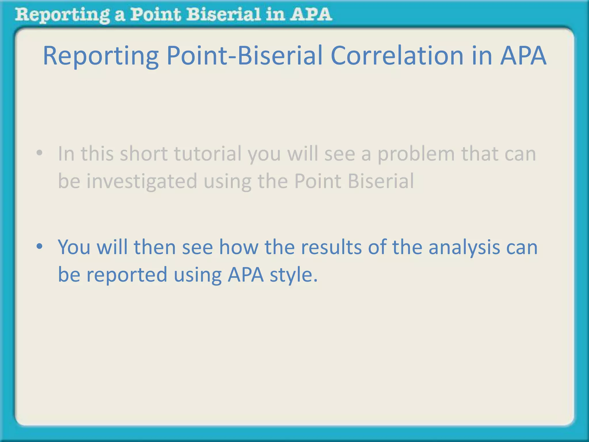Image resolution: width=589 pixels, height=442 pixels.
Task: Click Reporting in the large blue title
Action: [101, 56]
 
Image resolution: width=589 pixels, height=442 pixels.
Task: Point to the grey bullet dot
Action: [39, 153]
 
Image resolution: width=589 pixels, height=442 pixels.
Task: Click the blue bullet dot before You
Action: [39, 246]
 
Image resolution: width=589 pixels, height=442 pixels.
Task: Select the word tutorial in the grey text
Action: [208, 154]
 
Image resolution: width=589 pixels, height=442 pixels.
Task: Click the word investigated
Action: [142, 181]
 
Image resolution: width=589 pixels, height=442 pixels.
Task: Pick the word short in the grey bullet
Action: [144, 154]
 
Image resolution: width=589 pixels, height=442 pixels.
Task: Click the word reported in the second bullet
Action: [127, 275]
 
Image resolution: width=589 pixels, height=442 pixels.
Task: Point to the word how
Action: [238, 247]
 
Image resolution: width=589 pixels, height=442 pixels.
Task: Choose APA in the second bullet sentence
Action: [246, 274]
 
